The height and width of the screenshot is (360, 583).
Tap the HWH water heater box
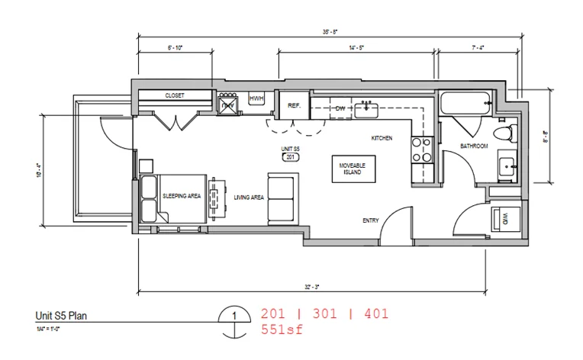(256, 100)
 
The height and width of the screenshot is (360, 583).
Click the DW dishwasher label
(341, 108)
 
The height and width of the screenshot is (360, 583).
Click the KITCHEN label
(382, 138)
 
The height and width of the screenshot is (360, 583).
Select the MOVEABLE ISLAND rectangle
(352, 169)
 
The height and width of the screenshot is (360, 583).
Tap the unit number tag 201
(289, 157)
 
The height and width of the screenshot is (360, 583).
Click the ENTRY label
(371, 220)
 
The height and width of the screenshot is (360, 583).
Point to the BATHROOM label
(473, 146)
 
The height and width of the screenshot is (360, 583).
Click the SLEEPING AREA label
(182, 196)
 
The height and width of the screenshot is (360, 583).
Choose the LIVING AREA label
(249, 198)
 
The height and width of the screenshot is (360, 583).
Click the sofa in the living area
(282, 196)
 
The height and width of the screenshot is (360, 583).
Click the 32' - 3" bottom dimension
(311, 287)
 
